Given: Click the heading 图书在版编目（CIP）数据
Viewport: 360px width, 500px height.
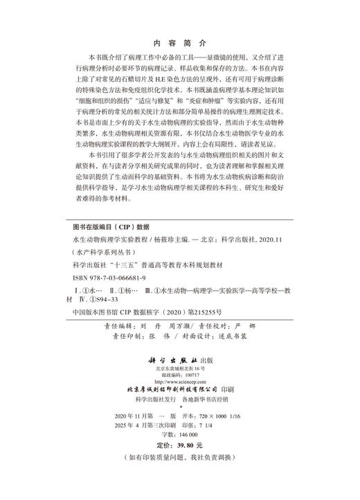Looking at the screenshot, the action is [111, 226].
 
